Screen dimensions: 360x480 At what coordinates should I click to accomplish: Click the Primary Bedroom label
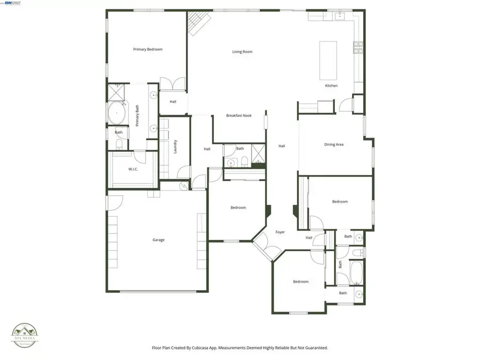[x=148, y=49]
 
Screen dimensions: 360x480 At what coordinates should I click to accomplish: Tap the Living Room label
[x=242, y=52]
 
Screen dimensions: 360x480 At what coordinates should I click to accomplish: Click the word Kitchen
[x=331, y=86]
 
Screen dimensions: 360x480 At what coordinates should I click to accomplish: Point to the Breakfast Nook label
[x=238, y=116]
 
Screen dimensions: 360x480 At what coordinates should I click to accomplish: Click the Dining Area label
[x=334, y=145]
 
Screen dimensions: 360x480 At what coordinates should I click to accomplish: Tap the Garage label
[x=158, y=240]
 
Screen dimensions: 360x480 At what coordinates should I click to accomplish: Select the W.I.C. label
[x=133, y=170]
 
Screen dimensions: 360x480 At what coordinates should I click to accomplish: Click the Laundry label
[x=175, y=147]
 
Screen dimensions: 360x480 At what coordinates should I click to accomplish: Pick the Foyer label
[x=280, y=232]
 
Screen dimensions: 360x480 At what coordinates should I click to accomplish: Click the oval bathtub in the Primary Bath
[x=116, y=113]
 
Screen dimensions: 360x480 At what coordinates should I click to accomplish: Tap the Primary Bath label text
[x=137, y=116]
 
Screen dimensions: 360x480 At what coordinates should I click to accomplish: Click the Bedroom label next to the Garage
[x=238, y=207]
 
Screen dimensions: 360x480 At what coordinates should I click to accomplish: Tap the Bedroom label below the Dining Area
[x=340, y=202]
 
